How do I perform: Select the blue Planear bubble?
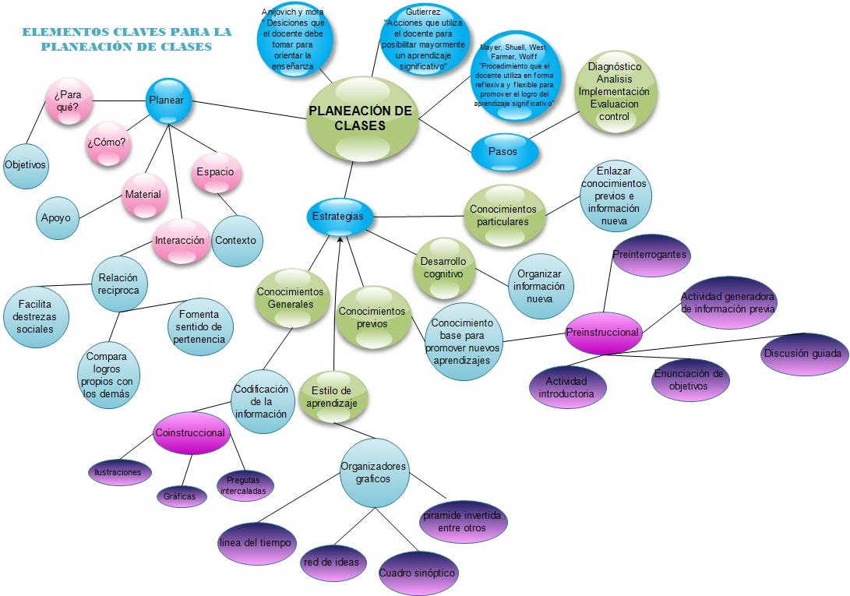(168, 101)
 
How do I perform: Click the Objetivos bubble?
(26, 165)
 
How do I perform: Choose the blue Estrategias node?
(337, 216)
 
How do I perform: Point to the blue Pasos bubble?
(504, 151)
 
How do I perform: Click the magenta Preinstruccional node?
(602, 332)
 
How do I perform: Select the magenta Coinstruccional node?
(191, 433)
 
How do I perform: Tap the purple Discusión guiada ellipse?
(802, 354)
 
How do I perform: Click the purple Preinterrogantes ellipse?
(650, 255)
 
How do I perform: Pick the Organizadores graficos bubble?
(374, 472)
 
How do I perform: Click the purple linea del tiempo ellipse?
(255, 541)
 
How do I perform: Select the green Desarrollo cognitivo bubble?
(443, 268)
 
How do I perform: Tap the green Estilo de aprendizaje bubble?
(333, 397)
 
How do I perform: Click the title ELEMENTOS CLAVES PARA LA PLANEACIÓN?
(127, 39)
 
